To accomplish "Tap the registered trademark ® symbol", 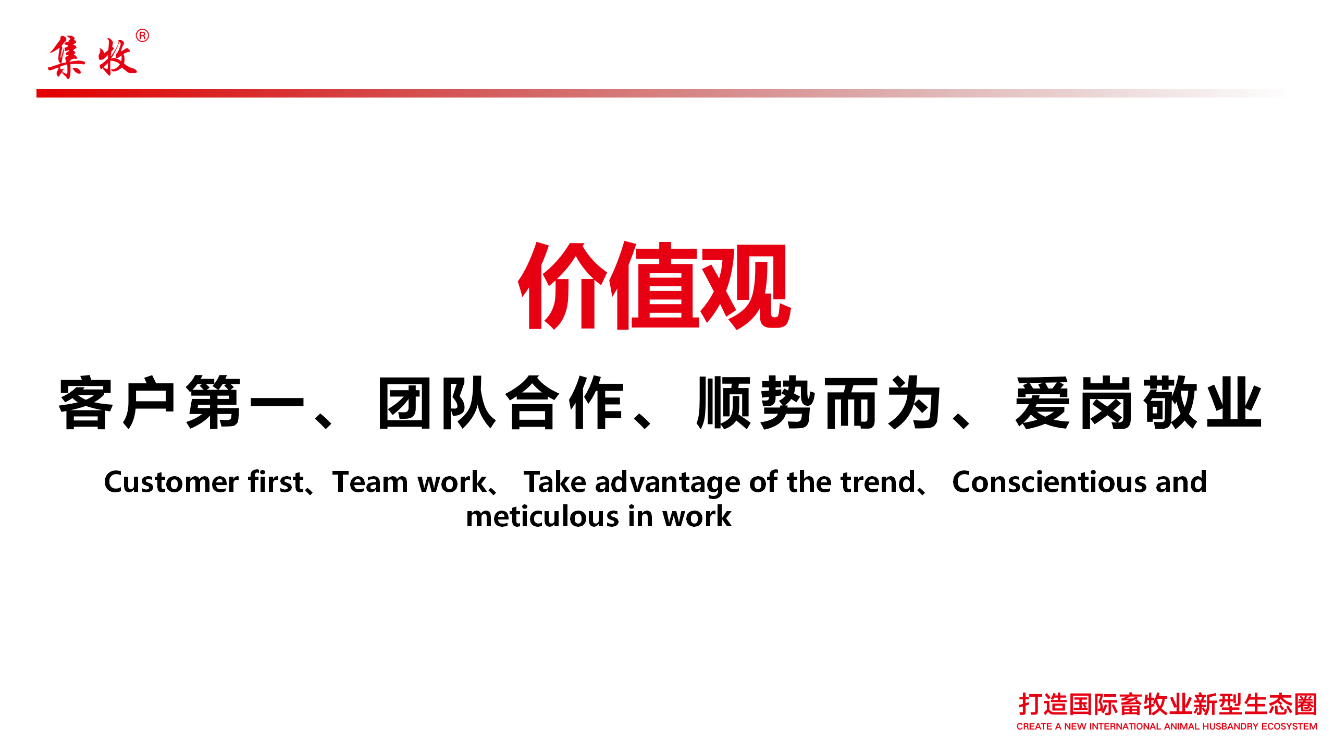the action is [142, 35].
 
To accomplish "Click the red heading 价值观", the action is [654, 286].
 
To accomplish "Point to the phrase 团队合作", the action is [501, 403].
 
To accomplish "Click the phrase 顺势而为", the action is [819, 403].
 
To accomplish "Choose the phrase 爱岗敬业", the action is [1139, 403].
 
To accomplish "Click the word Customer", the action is [171, 482].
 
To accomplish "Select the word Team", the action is [370, 482].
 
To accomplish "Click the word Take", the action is [555, 482].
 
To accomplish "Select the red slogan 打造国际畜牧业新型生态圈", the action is [1168, 704].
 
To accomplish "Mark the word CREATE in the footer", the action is [1034, 726].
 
